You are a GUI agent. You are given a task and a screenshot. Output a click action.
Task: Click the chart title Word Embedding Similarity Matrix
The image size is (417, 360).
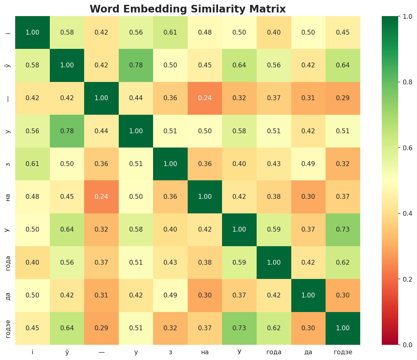[x=188, y=9]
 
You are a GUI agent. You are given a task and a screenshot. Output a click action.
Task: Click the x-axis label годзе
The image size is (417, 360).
[x=343, y=352]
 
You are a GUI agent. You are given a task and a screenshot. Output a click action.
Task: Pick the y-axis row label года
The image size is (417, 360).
[x=9, y=262]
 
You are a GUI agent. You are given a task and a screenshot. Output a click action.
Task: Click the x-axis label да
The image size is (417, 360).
[x=308, y=352]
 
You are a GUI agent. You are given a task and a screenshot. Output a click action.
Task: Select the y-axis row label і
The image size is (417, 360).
[x=9, y=32]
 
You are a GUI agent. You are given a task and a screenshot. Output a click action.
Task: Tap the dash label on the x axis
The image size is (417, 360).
[x=101, y=352]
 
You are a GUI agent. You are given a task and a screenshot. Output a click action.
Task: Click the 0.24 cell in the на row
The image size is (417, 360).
[x=101, y=197]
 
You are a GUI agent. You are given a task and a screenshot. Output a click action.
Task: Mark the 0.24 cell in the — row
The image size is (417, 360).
[x=205, y=98]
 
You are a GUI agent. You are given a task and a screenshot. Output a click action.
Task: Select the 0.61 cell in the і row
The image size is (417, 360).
[x=170, y=32]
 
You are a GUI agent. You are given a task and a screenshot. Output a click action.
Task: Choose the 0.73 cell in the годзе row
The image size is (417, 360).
[x=239, y=328]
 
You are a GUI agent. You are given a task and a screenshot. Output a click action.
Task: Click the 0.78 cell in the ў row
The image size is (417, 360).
[x=136, y=65]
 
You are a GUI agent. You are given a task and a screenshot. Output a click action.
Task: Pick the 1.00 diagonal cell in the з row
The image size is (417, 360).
[x=170, y=164]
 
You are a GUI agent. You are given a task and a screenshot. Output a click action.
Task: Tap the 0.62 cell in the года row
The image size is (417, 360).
[x=343, y=262]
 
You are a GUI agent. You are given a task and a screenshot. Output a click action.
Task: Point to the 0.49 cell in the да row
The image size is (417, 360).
[x=170, y=295]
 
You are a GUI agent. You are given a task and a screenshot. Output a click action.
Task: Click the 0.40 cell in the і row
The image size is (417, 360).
[x=274, y=32]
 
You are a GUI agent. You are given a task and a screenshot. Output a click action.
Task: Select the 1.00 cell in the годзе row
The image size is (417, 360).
[x=343, y=328]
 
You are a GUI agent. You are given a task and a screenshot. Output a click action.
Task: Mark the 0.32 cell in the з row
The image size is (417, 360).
[x=343, y=164]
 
